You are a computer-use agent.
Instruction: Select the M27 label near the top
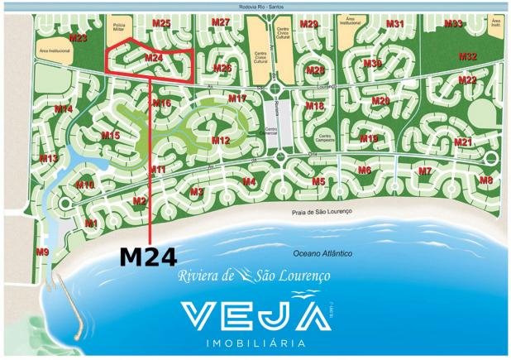[x=221, y=22]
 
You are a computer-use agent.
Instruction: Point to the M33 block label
[x=453, y=24]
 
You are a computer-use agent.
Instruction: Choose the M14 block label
[x=63, y=109]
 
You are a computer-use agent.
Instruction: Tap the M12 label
[x=220, y=141]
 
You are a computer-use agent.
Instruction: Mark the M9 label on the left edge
[x=42, y=251]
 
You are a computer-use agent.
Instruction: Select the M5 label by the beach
[x=318, y=181]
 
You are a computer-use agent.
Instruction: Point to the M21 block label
[x=464, y=142]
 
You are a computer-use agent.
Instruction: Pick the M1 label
[x=91, y=223]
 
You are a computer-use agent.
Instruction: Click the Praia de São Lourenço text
[x=322, y=213]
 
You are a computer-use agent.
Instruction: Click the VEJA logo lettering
[x=252, y=315]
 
